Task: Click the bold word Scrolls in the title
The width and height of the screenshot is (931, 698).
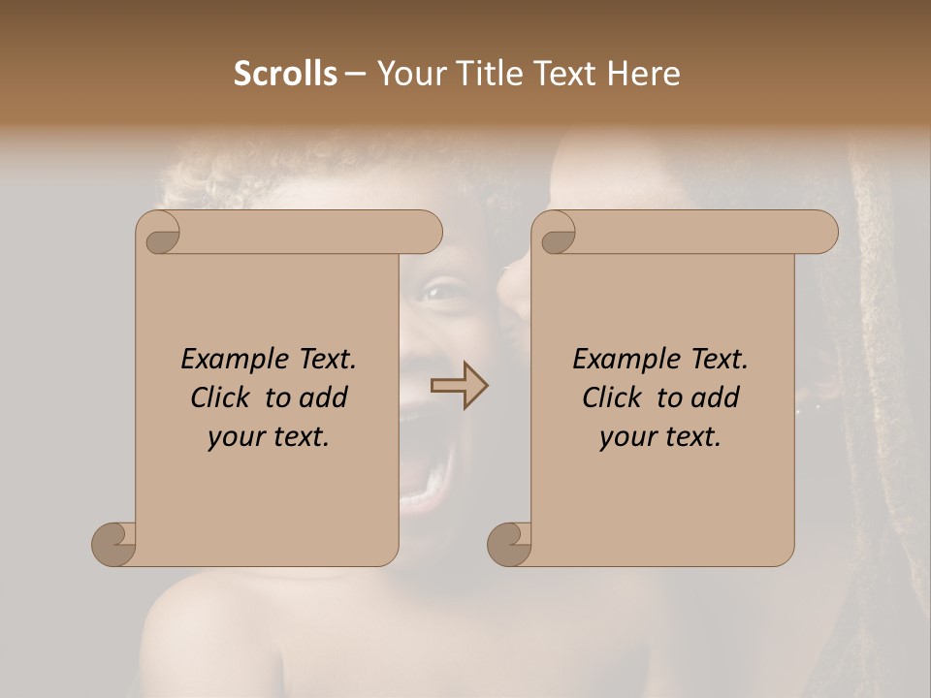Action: point(285,74)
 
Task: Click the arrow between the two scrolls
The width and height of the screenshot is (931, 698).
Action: point(460,386)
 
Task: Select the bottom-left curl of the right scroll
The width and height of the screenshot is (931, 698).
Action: point(509,544)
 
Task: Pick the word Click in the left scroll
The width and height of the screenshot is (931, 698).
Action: point(222,397)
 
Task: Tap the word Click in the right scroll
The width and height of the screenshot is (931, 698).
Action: point(614,397)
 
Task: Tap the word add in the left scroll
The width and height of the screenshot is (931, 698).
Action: point(325,397)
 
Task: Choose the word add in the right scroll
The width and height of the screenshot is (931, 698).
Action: point(717,397)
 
